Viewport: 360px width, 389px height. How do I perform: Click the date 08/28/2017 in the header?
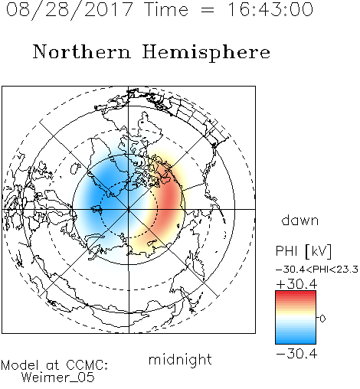point(69,10)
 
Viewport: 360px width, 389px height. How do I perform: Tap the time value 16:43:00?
point(270,9)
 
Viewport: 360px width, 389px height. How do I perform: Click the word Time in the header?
point(166,9)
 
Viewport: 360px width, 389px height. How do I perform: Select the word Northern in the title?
point(81,52)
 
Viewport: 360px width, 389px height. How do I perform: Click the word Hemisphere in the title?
point(206,53)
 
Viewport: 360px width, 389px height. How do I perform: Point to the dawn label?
point(300,220)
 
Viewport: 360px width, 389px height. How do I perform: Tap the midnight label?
point(180,360)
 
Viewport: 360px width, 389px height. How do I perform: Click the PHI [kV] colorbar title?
point(303,251)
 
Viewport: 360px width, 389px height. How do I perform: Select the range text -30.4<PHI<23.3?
point(317,270)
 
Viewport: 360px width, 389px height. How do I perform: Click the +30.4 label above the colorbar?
point(296,284)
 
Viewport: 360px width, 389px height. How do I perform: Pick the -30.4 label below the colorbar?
point(296,354)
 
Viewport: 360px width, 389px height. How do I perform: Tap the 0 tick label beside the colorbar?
point(322,319)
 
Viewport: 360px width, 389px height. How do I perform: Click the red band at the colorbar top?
point(296,294)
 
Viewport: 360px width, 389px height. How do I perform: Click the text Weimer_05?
point(58,378)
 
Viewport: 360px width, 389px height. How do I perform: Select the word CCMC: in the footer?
point(87,365)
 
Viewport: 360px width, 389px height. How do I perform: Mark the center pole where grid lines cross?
point(129,209)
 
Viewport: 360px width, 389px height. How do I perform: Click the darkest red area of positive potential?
point(170,201)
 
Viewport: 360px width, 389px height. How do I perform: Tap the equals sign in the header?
point(208,11)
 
